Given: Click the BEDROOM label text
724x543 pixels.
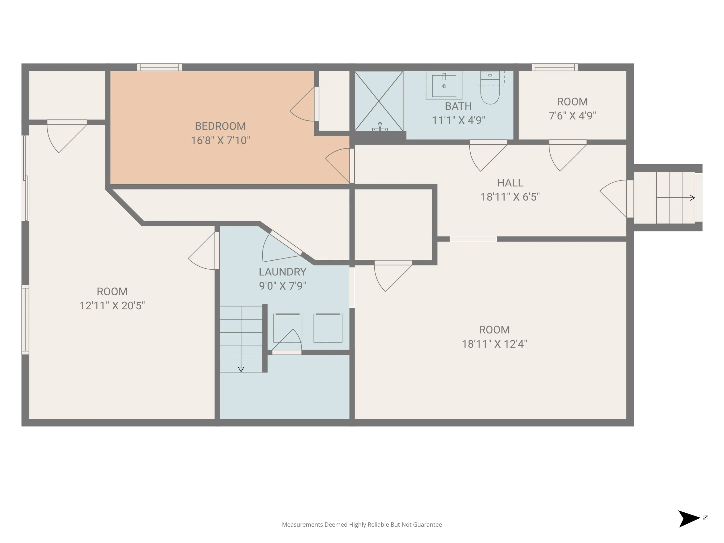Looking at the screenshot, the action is (220, 126).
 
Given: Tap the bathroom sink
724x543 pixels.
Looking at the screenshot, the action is (444, 85).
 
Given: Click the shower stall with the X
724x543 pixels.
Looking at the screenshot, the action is (379, 101).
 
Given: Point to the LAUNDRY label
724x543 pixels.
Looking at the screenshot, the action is (282, 272).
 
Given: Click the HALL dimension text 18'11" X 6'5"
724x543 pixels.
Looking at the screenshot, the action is (510, 197).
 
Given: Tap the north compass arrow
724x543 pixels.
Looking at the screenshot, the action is (689, 519).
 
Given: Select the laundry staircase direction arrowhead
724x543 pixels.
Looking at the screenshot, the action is (241, 369).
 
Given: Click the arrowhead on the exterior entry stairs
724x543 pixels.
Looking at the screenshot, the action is (692, 198).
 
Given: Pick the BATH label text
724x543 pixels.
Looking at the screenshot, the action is (458, 106).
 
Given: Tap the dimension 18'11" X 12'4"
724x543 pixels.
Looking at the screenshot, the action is (494, 344).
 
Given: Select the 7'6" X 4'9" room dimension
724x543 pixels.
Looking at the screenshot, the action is (572, 116).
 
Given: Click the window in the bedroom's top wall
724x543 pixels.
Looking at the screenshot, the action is (159, 67).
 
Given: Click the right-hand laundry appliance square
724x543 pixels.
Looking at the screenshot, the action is (328, 328).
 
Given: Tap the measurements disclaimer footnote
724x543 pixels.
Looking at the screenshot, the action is (362, 524).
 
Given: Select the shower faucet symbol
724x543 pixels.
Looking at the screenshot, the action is (380, 127).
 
